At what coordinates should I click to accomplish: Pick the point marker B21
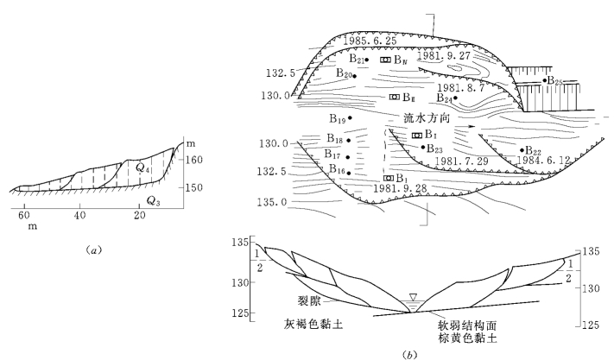coord(367,60)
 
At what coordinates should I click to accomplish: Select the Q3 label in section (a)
coord(152,200)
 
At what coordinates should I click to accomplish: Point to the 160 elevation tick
coord(197,159)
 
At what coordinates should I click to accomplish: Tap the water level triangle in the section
coord(413,299)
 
